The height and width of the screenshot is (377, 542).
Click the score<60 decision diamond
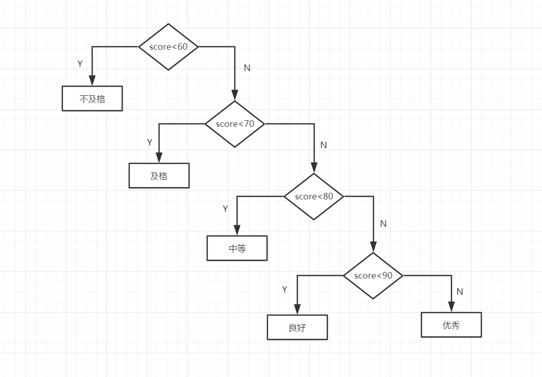click(168, 47)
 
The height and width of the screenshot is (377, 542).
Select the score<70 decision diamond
click(235, 124)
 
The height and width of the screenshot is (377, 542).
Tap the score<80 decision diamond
click(314, 196)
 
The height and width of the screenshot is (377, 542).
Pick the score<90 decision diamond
click(373, 276)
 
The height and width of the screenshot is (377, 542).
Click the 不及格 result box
click(92, 98)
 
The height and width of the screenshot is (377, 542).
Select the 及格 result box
click(159, 176)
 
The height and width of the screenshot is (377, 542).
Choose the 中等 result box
click(237, 248)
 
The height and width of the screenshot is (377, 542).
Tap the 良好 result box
click(297, 327)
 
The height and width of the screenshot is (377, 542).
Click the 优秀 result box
click(451, 325)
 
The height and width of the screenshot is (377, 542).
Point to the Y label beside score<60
click(80, 64)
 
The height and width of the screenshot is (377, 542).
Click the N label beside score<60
click(247, 68)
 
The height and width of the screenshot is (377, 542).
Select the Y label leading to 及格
click(149, 143)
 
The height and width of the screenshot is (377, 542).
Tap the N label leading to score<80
click(324, 145)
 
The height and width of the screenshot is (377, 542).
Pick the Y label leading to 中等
click(225, 209)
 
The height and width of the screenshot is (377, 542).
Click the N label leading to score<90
click(383, 224)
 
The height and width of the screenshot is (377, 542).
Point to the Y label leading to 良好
click(285, 290)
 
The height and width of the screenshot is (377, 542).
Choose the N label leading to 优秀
click(460, 292)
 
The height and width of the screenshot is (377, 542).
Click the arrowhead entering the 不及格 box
click(92, 81)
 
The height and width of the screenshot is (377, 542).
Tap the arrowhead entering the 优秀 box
click(451, 306)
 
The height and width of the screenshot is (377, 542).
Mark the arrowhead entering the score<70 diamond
click(235, 95)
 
